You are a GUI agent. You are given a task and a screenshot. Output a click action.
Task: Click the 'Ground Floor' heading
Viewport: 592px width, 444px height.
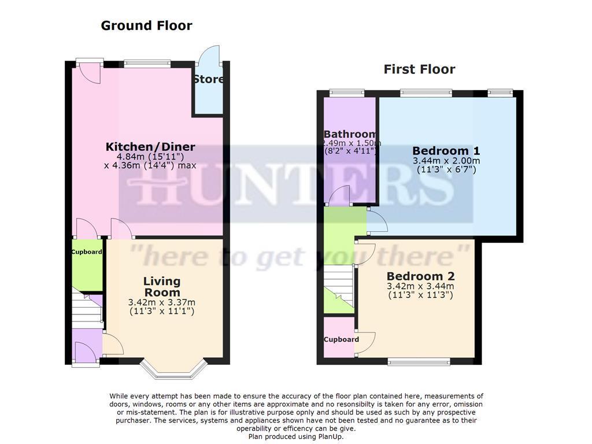coord(146,25)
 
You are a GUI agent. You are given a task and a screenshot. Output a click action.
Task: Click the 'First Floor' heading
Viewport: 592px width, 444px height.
coord(419,69)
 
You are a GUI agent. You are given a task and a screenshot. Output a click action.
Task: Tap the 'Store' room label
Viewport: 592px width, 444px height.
coord(209,79)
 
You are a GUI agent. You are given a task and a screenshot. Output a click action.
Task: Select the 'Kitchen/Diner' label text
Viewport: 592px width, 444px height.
coord(150,147)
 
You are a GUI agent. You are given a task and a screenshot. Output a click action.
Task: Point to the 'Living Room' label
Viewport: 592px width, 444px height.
coord(162,287)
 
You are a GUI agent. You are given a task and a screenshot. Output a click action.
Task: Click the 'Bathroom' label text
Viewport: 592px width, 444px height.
coord(350,135)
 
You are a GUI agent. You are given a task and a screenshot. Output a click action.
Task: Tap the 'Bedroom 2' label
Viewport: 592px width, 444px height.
coord(420,276)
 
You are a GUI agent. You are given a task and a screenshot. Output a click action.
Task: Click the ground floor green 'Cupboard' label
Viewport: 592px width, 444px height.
coord(87,252)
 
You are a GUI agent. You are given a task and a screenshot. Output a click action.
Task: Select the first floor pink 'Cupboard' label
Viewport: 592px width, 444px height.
coord(341,339)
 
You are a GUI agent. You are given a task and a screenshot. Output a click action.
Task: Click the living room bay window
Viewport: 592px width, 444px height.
coord(174,370)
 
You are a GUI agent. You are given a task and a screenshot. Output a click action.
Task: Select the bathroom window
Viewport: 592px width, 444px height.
coord(347,91)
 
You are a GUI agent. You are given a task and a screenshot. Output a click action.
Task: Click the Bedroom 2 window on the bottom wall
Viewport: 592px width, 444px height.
coord(419,362)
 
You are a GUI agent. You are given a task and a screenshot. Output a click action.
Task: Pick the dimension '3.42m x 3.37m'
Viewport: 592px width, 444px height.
coord(161,302)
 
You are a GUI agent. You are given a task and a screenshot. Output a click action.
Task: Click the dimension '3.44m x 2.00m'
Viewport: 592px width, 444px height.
coord(446,161)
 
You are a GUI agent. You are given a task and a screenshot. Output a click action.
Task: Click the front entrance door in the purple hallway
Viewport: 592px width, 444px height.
coord(84,352)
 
